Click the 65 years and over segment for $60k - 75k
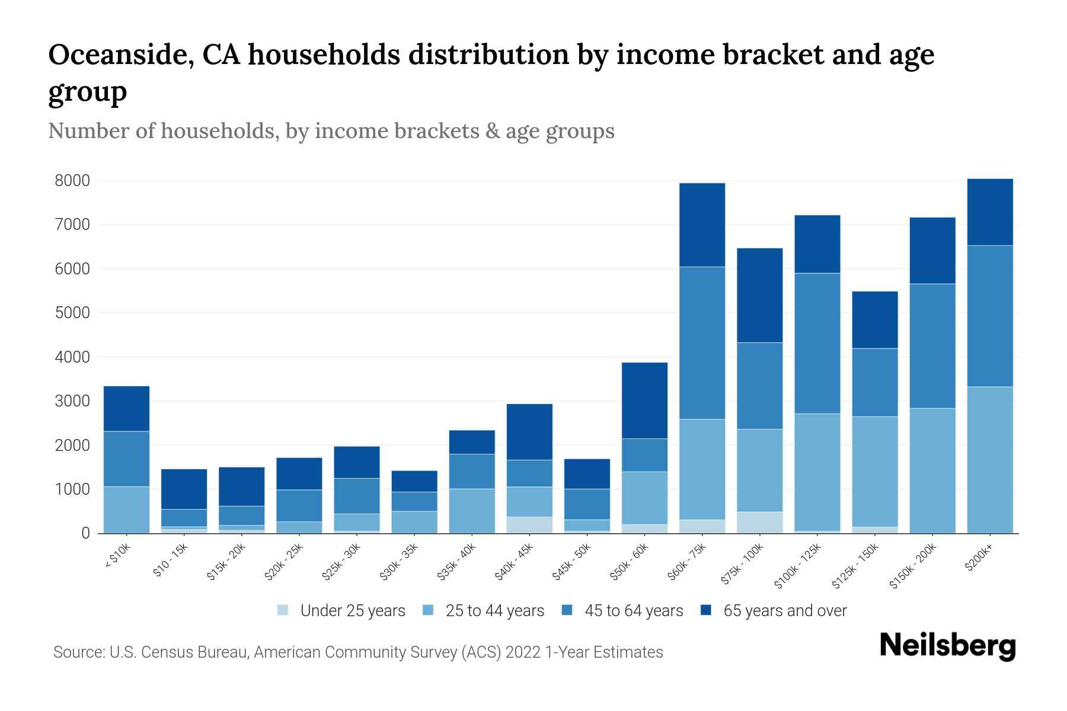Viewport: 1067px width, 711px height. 702,225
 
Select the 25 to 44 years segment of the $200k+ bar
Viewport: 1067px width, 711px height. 990,460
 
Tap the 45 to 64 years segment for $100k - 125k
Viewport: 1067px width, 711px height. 817,344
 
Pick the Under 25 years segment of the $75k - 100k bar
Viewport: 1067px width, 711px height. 759,523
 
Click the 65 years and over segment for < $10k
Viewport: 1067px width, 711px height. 126,409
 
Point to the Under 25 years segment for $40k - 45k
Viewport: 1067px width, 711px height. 529,525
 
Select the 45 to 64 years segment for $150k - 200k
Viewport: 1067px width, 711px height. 932,346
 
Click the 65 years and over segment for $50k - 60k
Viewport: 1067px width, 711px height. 644,401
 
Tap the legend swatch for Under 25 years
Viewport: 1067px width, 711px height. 283,610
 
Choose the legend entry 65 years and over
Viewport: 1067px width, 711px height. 785,611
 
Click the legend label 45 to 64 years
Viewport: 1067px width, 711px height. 634,611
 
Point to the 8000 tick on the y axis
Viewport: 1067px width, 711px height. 72,181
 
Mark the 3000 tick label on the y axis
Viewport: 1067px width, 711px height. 72,401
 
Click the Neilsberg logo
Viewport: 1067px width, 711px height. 947,646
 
